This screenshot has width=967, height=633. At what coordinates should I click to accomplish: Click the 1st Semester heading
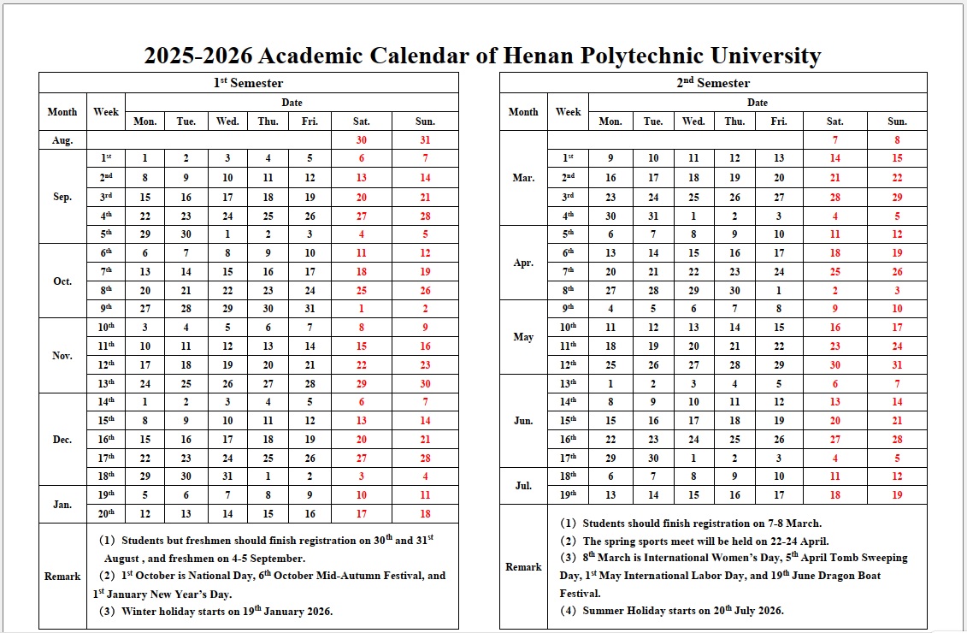click(249, 83)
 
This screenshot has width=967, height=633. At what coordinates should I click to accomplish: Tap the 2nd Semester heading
click(713, 83)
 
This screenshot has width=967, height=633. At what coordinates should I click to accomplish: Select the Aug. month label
click(62, 140)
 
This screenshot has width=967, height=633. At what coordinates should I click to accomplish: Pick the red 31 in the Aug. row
click(425, 140)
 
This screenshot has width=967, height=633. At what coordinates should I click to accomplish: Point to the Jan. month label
click(62, 505)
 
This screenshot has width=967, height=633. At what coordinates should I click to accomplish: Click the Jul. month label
click(523, 486)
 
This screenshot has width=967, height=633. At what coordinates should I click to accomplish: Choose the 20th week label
click(106, 513)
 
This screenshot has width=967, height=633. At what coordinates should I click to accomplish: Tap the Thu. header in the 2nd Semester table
click(734, 121)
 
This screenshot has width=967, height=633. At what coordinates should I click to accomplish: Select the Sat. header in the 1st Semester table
click(362, 121)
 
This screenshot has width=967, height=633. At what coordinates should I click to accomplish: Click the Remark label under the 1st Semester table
click(62, 577)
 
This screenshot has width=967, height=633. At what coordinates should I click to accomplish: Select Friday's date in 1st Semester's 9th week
click(310, 309)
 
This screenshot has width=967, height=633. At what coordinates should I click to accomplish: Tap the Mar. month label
click(523, 178)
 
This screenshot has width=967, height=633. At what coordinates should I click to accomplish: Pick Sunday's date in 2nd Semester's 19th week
click(897, 494)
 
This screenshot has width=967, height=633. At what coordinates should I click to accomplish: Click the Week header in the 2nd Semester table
click(568, 112)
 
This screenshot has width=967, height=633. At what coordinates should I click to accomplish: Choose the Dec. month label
click(62, 440)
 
